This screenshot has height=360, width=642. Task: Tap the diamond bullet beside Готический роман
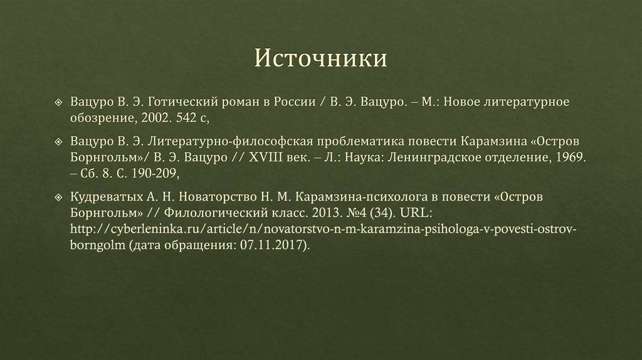pyautogui.click(x=58, y=102)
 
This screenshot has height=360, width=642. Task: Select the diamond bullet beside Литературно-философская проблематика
pyautogui.click(x=58, y=139)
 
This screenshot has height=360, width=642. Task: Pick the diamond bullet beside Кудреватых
pyautogui.click(x=58, y=196)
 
